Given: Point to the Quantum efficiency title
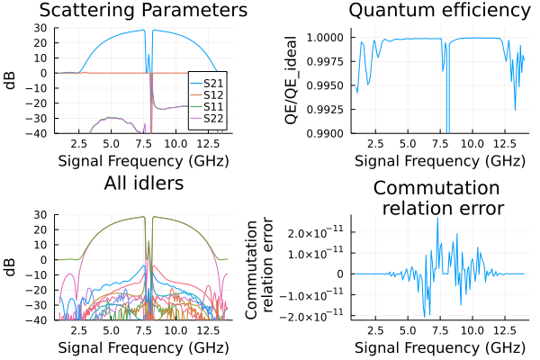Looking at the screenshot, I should click(439, 11).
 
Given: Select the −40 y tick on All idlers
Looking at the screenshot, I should click(40, 320).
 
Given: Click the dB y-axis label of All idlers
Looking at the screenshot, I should click(11, 267).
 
